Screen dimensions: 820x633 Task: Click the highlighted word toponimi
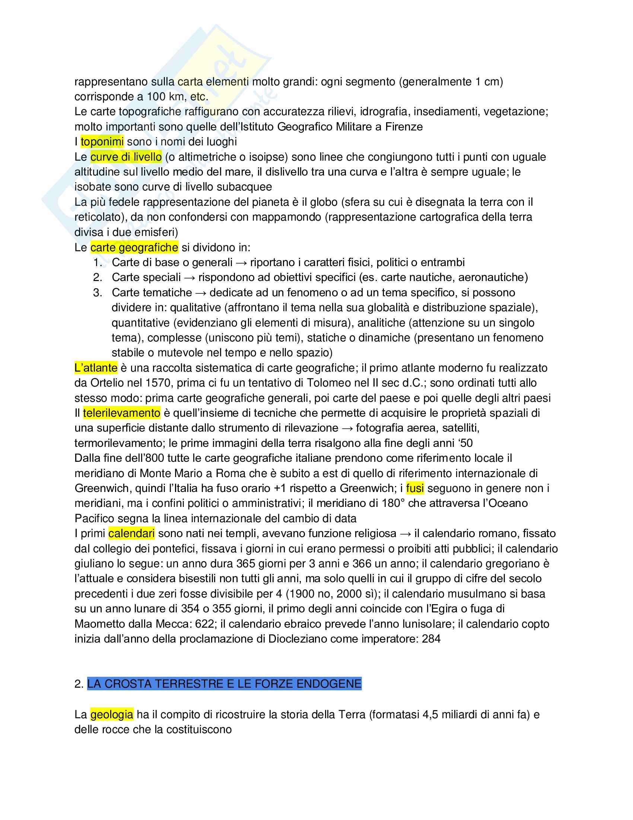[102, 142]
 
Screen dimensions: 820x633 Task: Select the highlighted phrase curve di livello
[126, 157]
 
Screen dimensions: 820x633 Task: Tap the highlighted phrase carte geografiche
[134, 247]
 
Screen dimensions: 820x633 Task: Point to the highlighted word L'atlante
[96, 368]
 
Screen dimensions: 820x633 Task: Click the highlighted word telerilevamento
[121, 413]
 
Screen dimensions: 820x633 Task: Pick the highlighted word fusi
[415, 488]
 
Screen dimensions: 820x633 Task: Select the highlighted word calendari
[131, 533]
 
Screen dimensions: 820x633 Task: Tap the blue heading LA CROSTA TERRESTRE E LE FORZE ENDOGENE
[224, 684]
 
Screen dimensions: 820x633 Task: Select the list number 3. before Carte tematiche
[98, 293]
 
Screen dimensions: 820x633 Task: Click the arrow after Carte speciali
[190, 277]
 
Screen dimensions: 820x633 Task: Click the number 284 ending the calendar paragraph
[431, 638]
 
